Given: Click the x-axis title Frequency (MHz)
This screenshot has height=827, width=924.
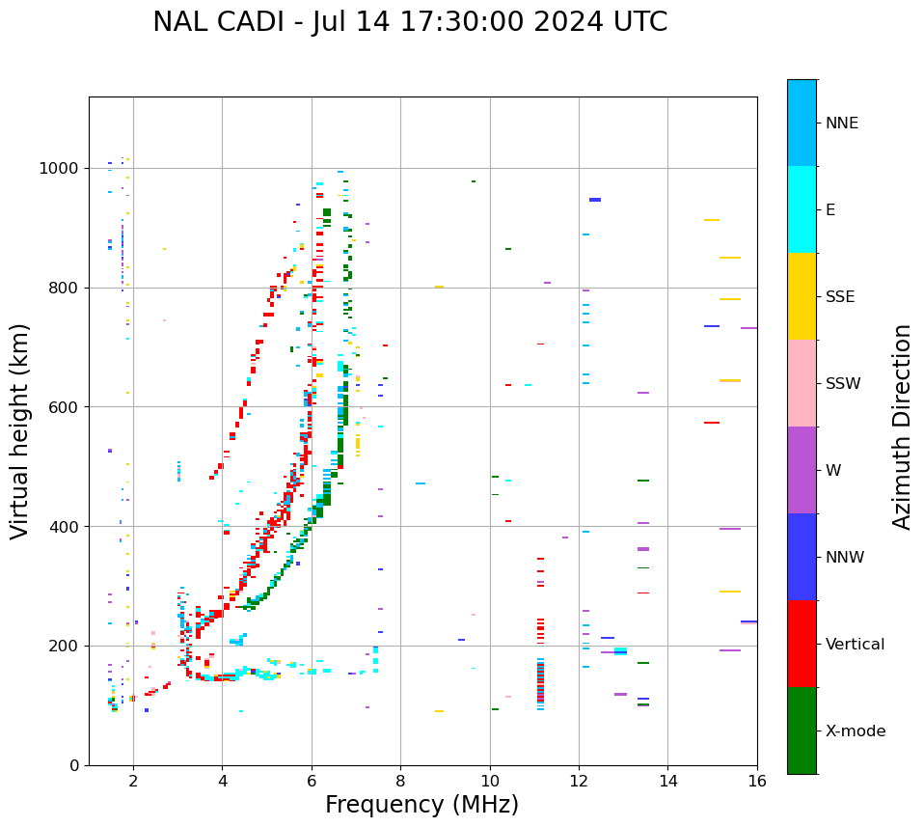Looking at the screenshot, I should pyautogui.click(x=421, y=805).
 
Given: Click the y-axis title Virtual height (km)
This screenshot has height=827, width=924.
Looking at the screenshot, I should pyautogui.click(x=20, y=430).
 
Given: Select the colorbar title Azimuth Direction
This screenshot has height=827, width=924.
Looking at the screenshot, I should pyautogui.click(x=902, y=427).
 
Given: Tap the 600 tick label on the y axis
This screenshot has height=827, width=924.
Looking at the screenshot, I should pyautogui.click(x=63, y=407).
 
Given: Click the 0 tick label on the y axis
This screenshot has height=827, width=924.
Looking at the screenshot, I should pyautogui.click(x=74, y=765).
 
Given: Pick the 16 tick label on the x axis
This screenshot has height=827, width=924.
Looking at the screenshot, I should pyautogui.click(x=757, y=781).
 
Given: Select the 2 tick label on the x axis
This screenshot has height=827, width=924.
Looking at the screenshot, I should pyautogui.click(x=133, y=781).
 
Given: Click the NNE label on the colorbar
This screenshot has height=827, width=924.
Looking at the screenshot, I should pyautogui.click(x=841, y=124).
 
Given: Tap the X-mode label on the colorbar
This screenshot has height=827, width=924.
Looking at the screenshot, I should pyautogui.click(x=856, y=731).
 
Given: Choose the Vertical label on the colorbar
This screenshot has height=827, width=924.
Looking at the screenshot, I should pyautogui.click(x=856, y=645).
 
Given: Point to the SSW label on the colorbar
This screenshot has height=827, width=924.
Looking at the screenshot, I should pyautogui.click(x=843, y=384).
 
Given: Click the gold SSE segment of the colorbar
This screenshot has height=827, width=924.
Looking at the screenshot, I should pyautogui.click(x=802, y=296).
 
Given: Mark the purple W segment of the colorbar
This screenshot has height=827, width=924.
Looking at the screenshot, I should pyautogui.click(x=802, y=470).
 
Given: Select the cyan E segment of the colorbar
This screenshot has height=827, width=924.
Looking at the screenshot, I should pyautogui.click(x=802, y=209).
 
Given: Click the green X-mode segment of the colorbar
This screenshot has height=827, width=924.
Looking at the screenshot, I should pyautogui.click(x=802, y=731).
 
